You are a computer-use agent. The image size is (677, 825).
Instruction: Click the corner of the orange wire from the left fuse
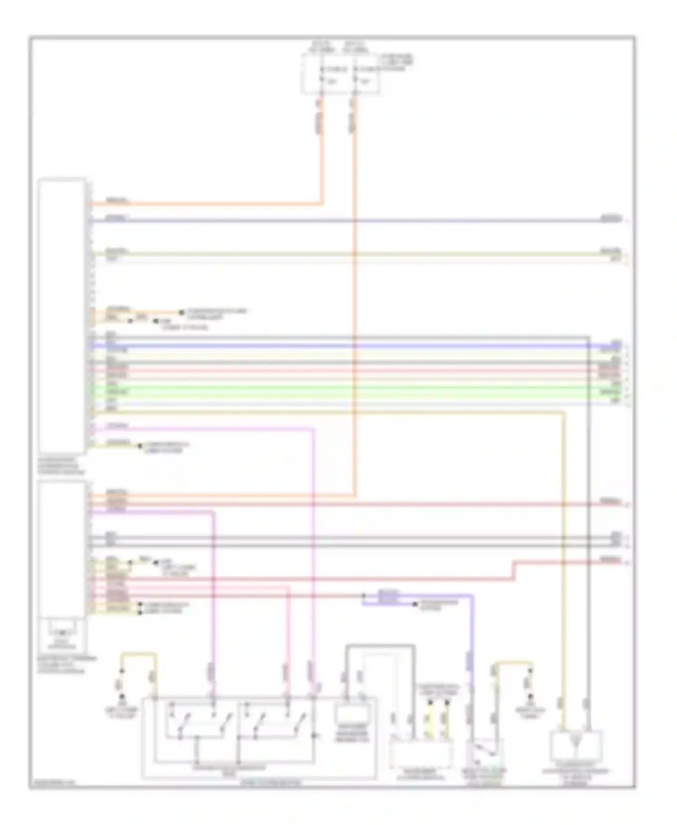[322, 204]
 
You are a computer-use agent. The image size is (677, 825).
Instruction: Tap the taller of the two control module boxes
[62, 315]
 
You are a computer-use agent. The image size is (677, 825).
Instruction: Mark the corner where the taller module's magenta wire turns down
[313, 429]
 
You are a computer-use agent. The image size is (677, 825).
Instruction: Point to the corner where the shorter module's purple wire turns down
[213, 512]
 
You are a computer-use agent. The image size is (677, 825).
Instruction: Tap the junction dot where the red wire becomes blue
[364, 596]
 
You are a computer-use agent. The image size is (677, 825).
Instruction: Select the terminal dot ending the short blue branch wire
[415, 604]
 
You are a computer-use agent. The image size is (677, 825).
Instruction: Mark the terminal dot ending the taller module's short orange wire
[181, 312]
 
